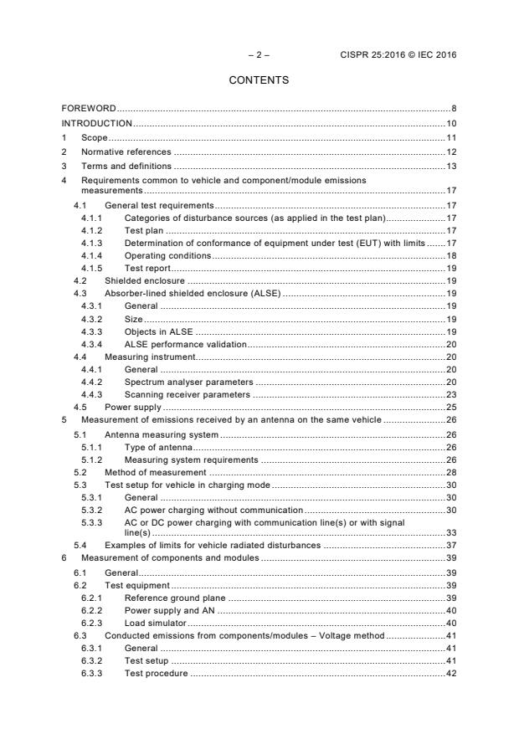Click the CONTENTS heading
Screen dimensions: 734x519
tap(259, 80)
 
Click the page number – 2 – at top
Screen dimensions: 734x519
tap(259, 55)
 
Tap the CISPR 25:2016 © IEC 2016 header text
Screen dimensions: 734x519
tap(399, 55)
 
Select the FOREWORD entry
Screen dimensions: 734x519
tap(89, 109)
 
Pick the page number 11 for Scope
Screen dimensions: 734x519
tap(450, 137)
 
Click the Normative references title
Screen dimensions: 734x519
tap(126, 151)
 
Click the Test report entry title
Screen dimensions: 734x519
tap(147, 268)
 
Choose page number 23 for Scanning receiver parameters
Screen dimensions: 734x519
tap(450, 394)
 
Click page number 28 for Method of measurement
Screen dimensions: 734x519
tap(450, 472)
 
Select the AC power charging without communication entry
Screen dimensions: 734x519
tap(213, 510)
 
